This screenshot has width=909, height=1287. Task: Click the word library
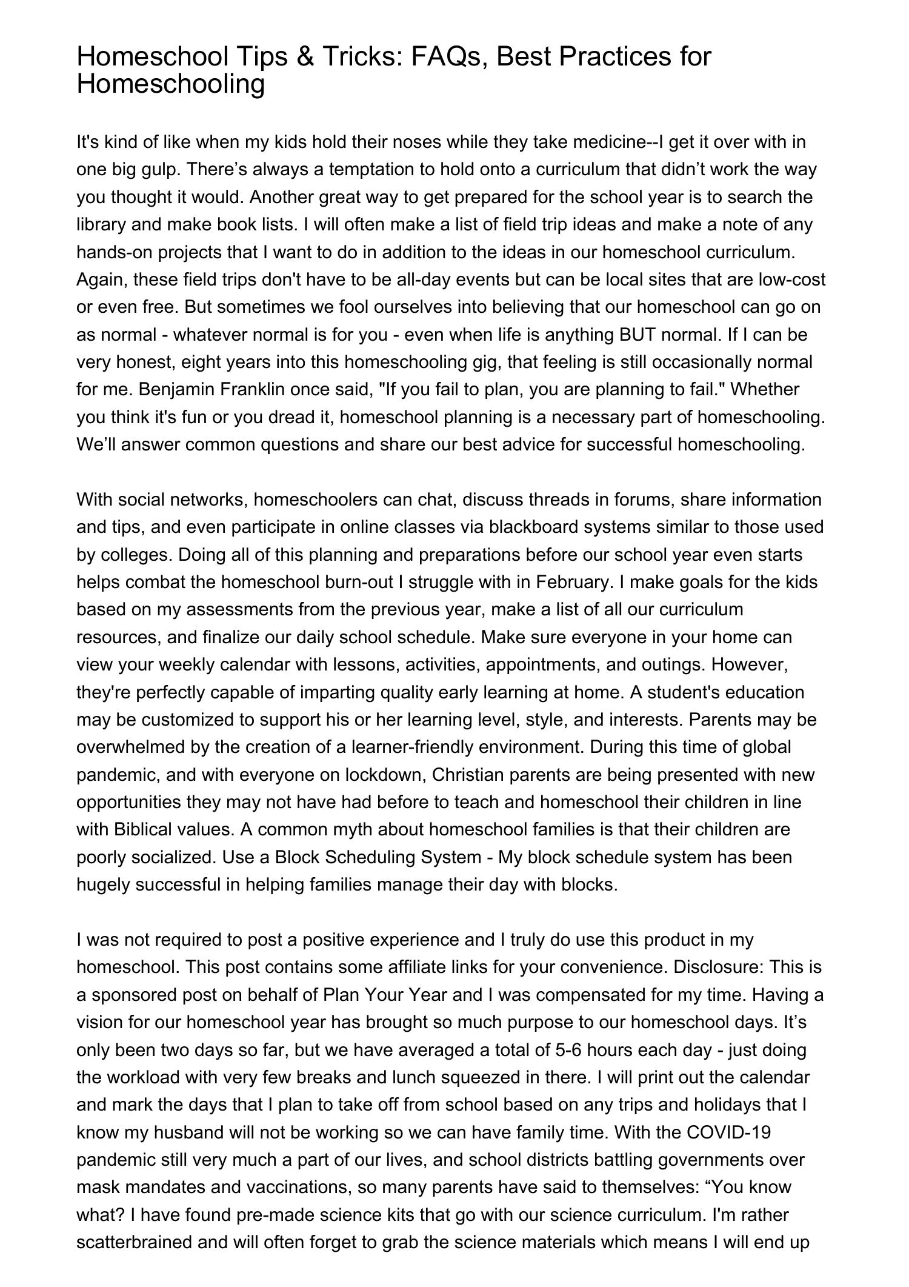101,224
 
